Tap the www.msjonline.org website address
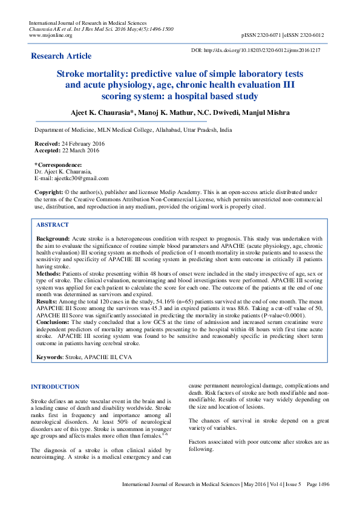click(x=51, y=36)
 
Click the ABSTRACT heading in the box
click(x=53, y=224)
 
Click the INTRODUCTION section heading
click(x=55, y=387)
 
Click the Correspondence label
click(x=59, y=165)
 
